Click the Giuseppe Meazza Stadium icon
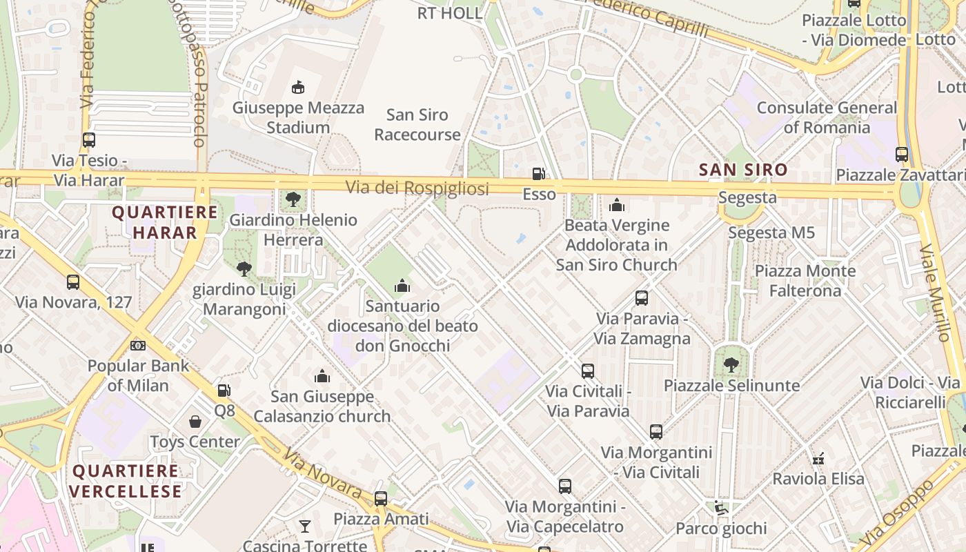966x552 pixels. point(298,88)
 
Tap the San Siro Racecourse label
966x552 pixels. point(417,125)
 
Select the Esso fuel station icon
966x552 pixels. point(539,174)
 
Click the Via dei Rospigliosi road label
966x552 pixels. point(417,188)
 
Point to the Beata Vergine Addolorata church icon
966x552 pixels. point(617,205)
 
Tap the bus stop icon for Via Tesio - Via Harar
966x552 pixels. point(89,140)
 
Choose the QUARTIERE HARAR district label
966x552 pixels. point(155,222)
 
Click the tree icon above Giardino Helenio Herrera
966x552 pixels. point(293,200)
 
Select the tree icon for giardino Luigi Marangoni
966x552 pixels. point(244,269)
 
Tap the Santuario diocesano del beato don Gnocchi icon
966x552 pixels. point(402,286)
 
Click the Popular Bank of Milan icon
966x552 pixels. point(138,345)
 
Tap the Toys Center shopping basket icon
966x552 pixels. point(195,422)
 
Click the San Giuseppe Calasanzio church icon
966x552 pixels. point(322,376)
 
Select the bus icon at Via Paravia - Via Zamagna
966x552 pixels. point(642,298)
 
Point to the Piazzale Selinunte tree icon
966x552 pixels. point(731,365)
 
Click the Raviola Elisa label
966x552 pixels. point(818,478)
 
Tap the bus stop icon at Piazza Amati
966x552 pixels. point(381,498)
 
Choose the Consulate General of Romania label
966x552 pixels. point(827,117)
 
